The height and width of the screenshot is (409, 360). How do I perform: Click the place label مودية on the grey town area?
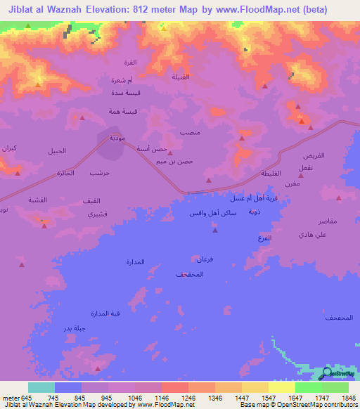117,138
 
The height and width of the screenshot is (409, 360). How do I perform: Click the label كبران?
9,149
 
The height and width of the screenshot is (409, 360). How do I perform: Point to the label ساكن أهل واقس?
212,212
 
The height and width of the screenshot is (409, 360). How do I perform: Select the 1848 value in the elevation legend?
340,397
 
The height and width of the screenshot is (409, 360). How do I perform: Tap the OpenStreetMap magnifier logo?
326,374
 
